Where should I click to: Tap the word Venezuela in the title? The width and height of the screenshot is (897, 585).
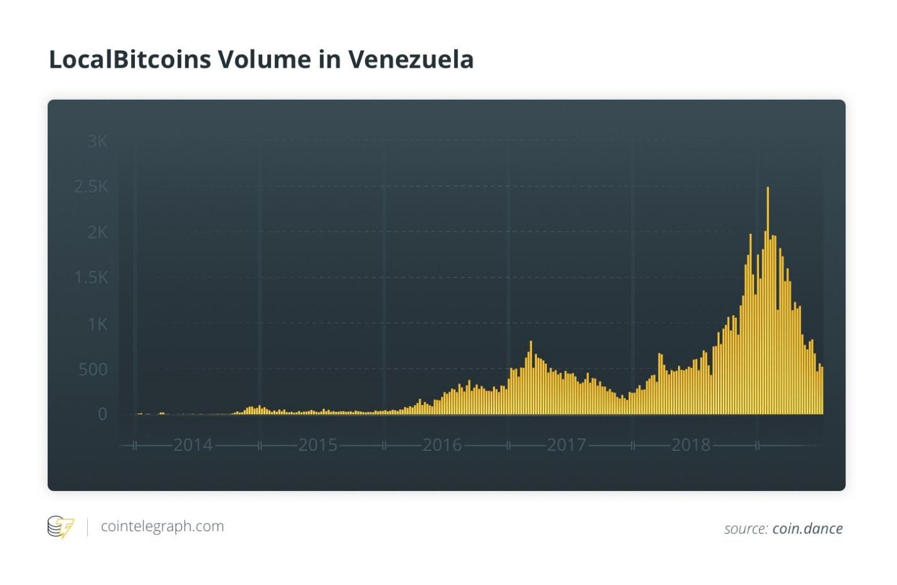411,60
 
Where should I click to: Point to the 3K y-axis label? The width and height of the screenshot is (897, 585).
97,142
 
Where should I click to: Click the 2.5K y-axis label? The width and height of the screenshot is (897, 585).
92,187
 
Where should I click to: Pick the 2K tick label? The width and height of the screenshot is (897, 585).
97,233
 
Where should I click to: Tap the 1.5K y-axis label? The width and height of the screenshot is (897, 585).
92,278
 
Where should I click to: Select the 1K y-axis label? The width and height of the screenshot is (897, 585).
97,324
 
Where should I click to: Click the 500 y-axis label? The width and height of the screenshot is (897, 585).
93,370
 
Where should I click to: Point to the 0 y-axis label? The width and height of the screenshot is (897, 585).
102,414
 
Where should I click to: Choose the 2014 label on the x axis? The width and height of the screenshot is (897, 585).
193,445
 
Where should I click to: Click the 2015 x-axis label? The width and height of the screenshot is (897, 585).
317,445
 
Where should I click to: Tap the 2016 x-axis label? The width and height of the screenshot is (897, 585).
442,445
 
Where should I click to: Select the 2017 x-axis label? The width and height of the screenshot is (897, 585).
566,445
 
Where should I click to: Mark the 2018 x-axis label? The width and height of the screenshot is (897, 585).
691,445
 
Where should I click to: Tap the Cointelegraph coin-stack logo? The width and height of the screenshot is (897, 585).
60,527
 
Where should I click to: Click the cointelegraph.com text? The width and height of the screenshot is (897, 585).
162,527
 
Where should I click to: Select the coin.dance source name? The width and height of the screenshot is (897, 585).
807,529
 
